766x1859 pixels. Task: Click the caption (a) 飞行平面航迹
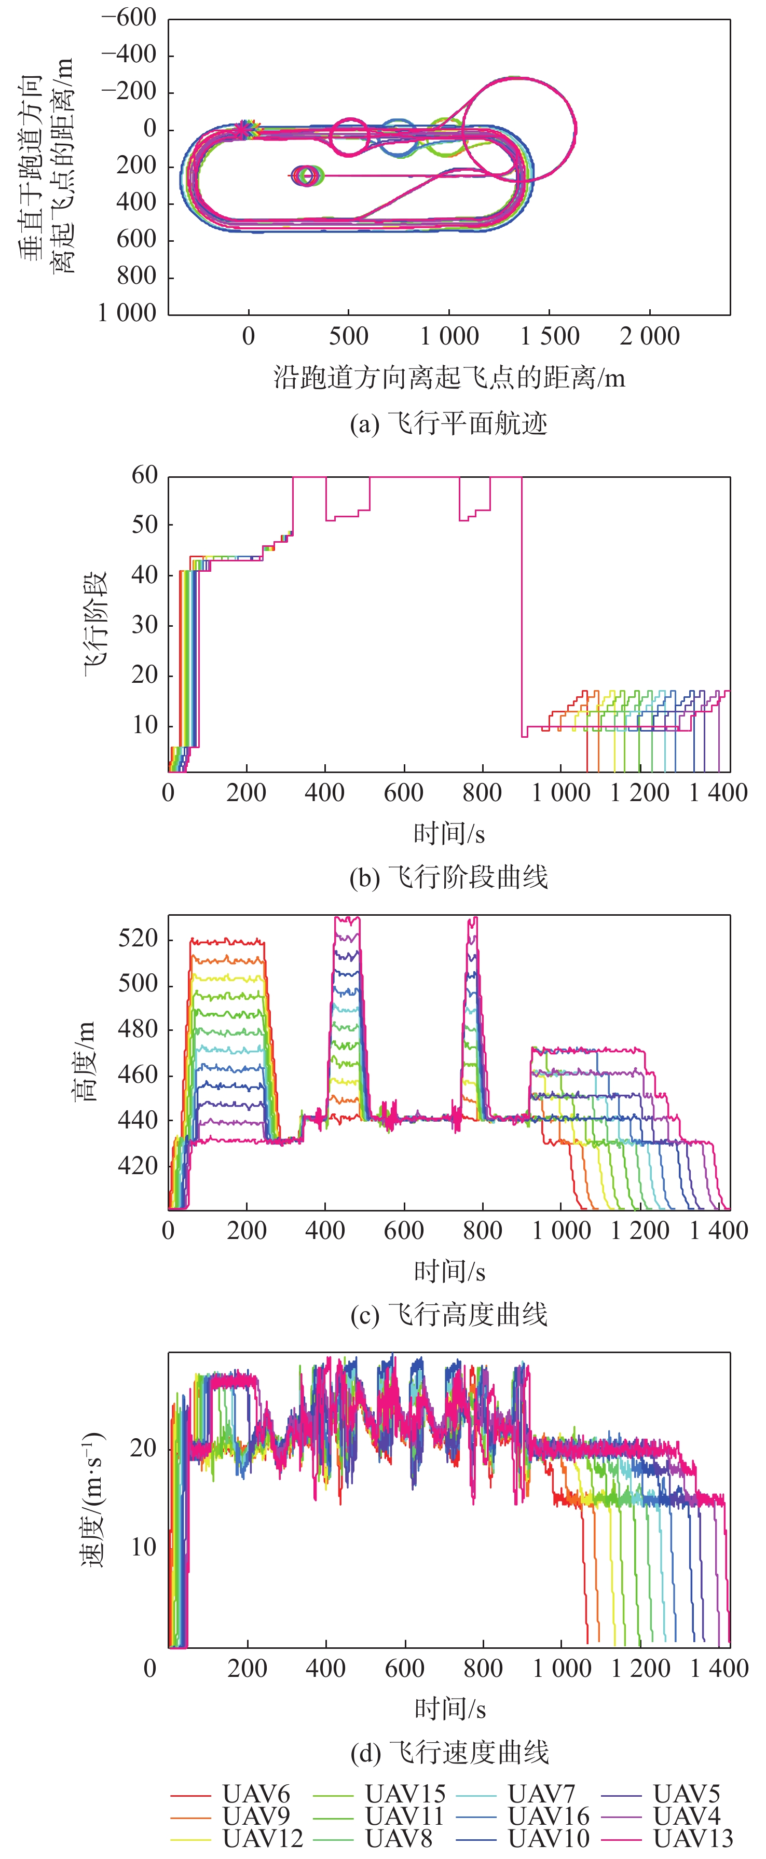pyautogui.click(x=448, y=423)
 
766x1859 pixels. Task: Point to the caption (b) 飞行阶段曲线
pyautogui.click(x=448, y=877)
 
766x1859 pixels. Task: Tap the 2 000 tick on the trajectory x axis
pyautogui.click(x=649, y=336)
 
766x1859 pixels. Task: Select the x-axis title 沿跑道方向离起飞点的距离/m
pyautogui.click(x=448, y=377)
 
